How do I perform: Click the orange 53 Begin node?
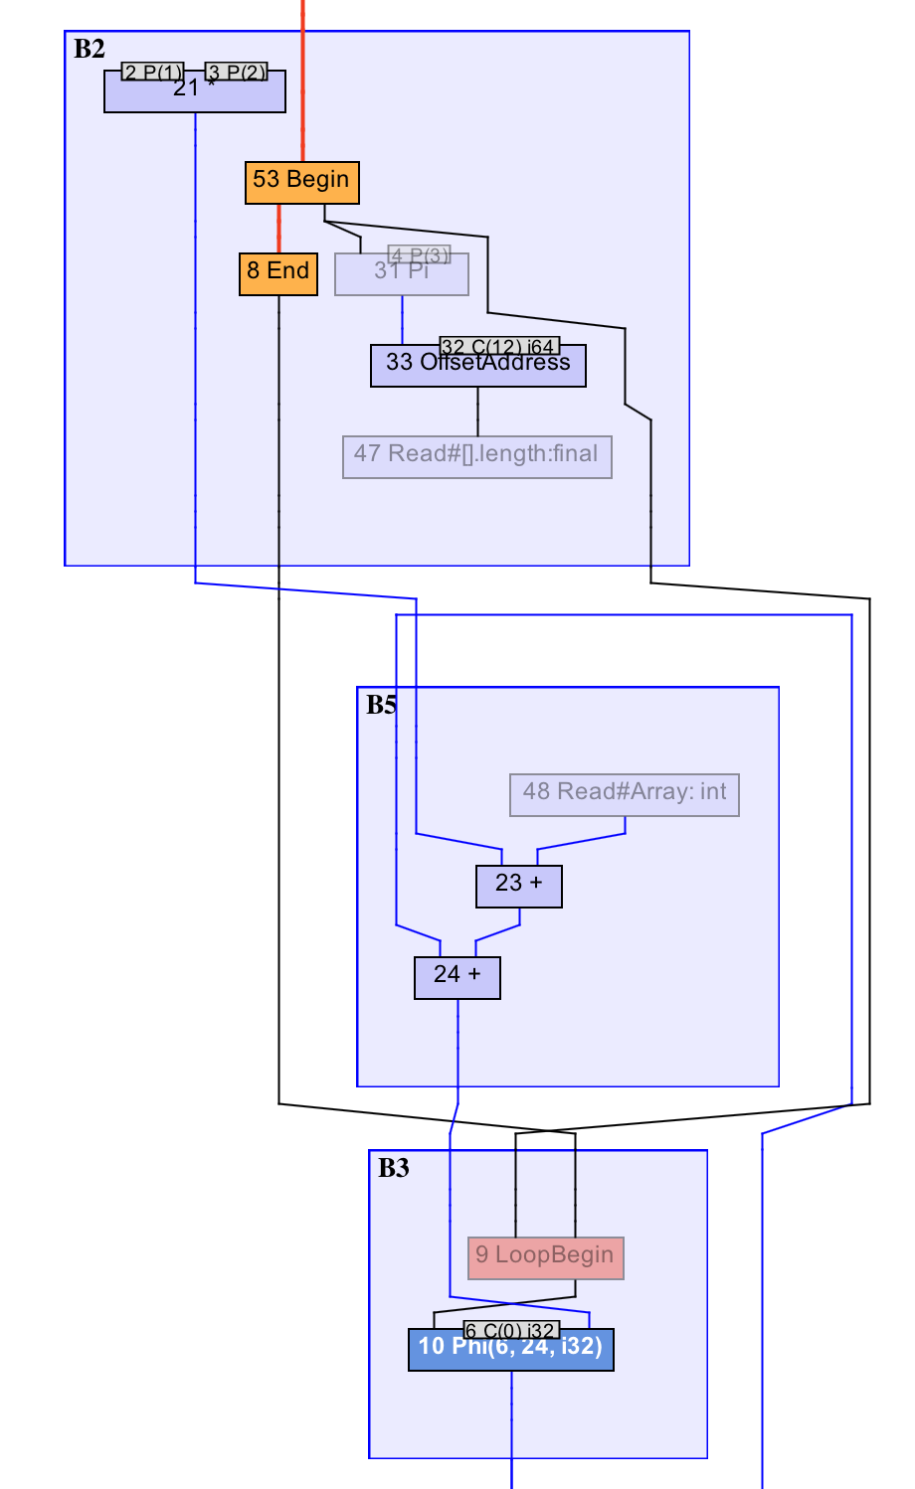tap(301, 183)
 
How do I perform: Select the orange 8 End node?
tap(277, 274)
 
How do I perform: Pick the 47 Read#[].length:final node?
tap(476, 457)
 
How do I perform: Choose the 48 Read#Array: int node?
tap(624, 795)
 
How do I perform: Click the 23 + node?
tap(518, 887)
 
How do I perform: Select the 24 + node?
tap(457, 978)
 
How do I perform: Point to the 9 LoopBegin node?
tap(545, 1258)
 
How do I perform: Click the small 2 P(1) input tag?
tap(153, 72)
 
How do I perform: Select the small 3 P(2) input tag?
tap(237, 72)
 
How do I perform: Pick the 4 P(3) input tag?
tap(420, 254)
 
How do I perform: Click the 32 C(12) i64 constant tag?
tap(498, 346)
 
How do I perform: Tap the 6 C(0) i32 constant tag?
tap(511, 1330)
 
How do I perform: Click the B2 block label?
tap(90, 49)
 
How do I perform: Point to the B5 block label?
tap(381, 705)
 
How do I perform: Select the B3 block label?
tap(393, 1168)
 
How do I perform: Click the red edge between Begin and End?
tap(278, 229)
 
